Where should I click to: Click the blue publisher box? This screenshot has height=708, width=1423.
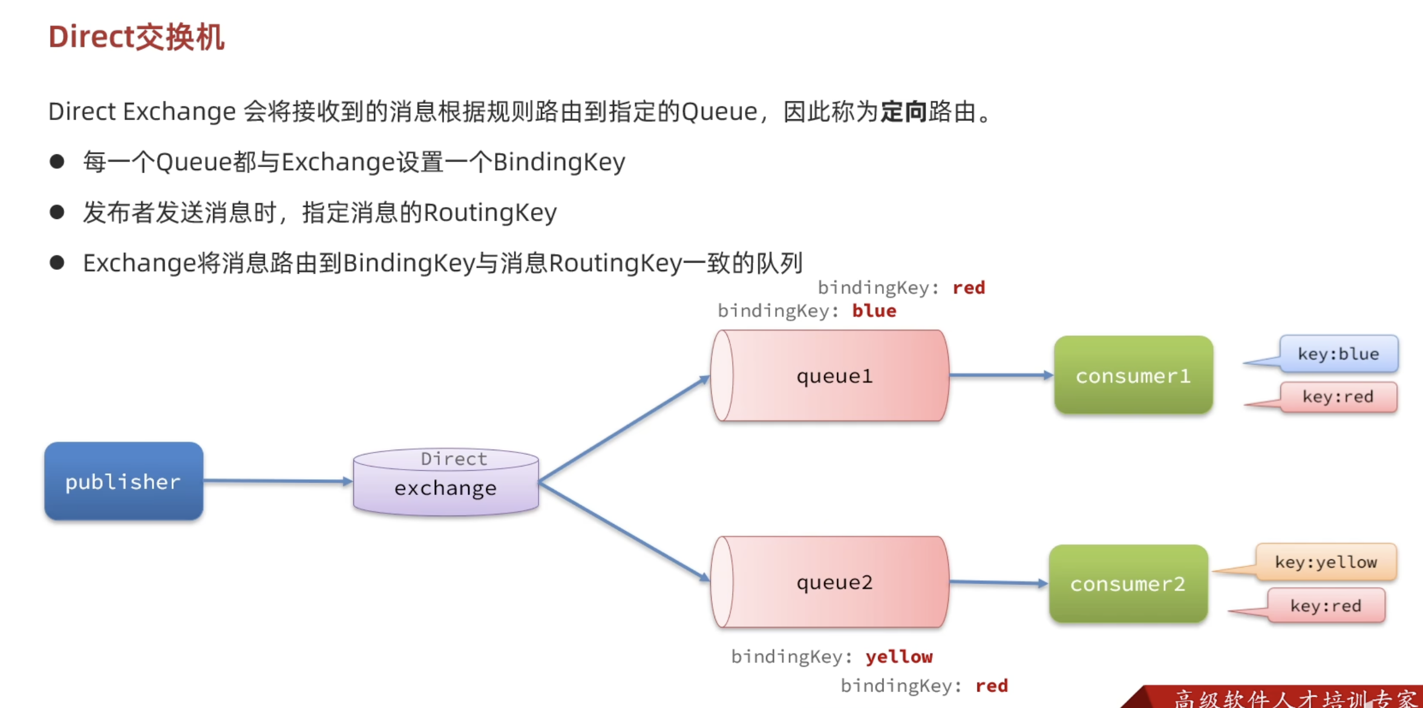pos(123,481)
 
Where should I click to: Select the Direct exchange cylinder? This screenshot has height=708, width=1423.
pos(446,482)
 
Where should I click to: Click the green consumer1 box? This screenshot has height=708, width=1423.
pos(1133,375)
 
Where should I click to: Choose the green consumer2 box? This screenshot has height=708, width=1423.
pos(1128,583)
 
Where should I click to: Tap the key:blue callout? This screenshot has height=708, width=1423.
pos(1338,354)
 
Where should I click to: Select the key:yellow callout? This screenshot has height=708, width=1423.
pos(1326,562)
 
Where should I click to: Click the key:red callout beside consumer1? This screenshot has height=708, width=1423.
pos(1338,397)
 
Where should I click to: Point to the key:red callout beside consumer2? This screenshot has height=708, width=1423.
pos(1326,606)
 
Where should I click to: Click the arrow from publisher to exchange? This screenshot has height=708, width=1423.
pos(277,481)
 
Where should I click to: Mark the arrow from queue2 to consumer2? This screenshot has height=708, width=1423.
pos(998,583)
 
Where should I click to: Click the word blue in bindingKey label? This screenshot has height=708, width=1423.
pos(874,311)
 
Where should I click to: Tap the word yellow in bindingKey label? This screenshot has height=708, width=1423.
pos(899,657)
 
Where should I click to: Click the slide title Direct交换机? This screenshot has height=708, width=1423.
pos(137,38)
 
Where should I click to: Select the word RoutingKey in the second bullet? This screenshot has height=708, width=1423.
pos(490,213)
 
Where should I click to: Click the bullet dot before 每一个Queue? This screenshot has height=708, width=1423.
pos(57,162)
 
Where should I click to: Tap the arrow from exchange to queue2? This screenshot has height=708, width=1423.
pos(624,531)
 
